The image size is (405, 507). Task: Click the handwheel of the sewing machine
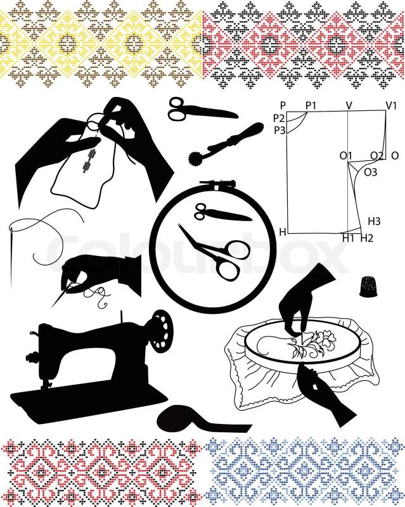[164, 331]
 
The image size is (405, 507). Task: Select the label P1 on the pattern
[311, 105]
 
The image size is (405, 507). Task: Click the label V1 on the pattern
[391, 105]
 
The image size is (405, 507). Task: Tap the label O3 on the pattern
[371, 172]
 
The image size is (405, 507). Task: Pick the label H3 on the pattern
[375, 221]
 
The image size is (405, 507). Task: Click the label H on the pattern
[283, 232]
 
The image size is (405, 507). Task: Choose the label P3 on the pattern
[280, 131]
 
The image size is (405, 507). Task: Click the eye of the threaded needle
[12, 230]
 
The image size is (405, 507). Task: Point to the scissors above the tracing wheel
[203, 110]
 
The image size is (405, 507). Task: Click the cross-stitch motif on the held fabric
[89, 160]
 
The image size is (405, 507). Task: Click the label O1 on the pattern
[346, 156]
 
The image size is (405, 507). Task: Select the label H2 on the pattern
[367, 238]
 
